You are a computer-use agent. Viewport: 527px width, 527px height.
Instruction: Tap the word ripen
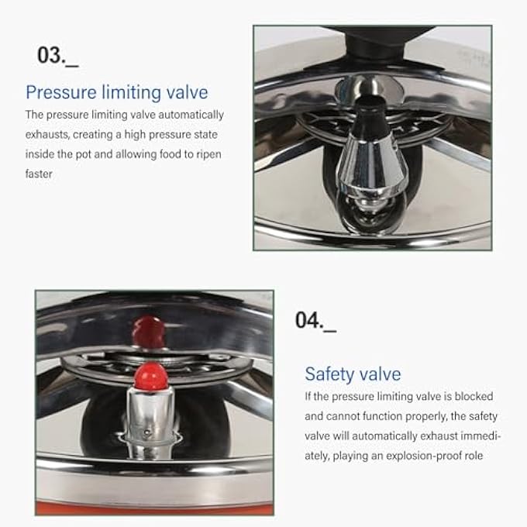(x=205, y=154)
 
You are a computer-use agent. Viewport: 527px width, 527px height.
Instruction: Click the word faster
(x=39, y=174)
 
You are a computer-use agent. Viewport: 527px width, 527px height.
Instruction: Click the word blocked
(x=474, y=397)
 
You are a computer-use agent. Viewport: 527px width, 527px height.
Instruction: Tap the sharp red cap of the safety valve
(x=151, y=377)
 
